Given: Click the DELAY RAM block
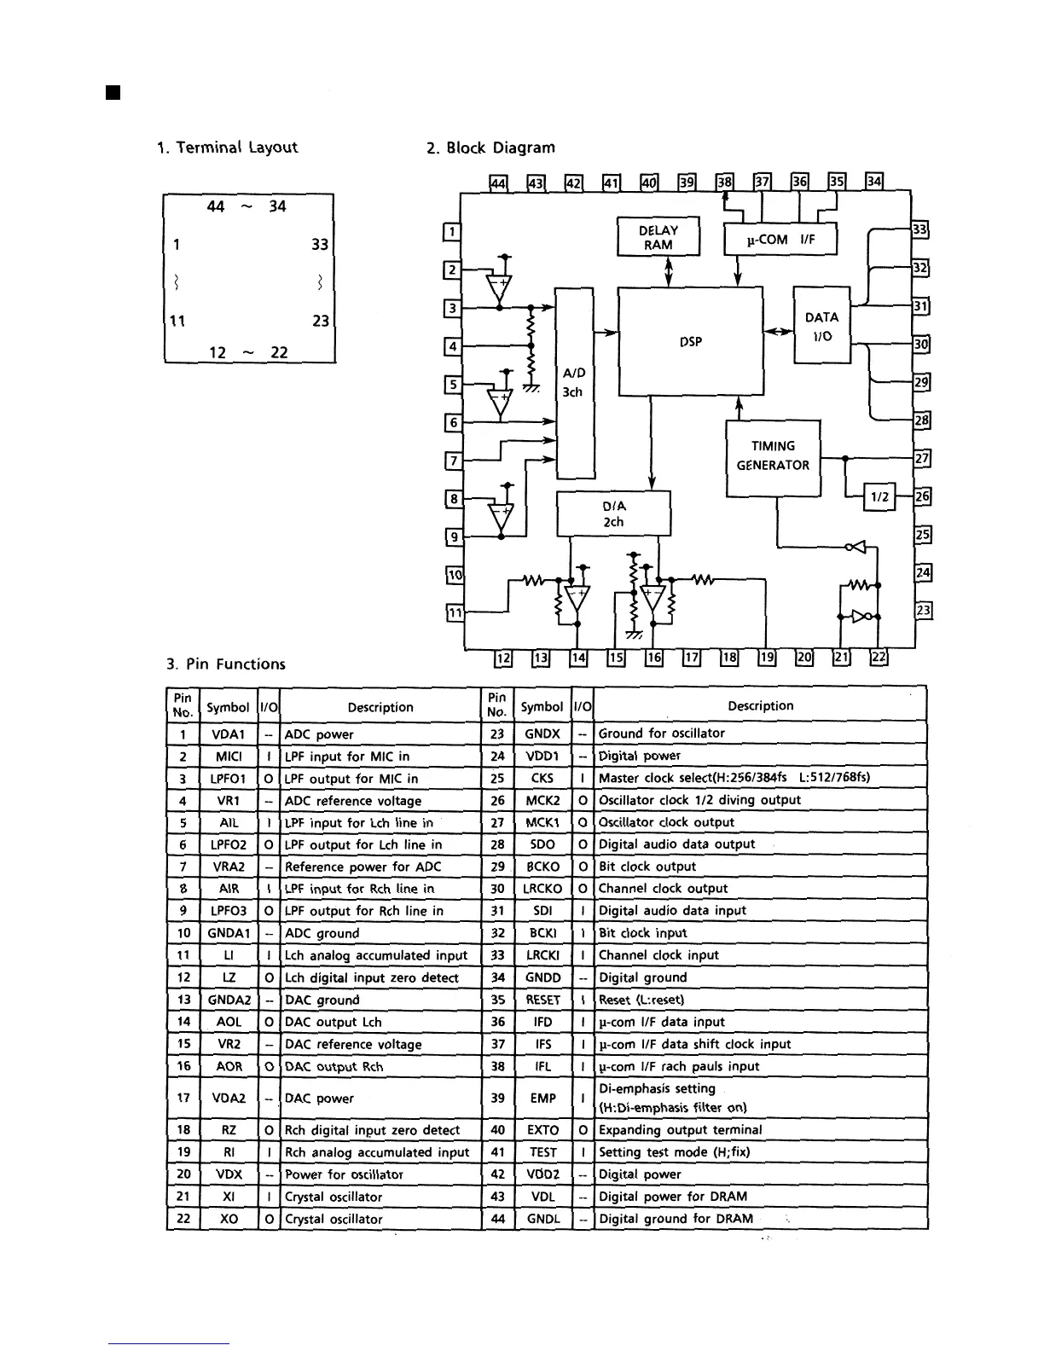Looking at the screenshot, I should tap(658, 237).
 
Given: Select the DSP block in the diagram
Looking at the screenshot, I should tap(690, 341).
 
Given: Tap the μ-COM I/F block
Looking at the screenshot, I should tap(780, 240).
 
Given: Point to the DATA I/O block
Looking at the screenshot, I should tap(821, 326).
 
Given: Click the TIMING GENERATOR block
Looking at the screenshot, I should tap(773, 456).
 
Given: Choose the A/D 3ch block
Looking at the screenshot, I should tap(574, 383).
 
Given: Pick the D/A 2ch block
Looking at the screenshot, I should tap(613, 513).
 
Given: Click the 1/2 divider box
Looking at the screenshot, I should tap(879, 496).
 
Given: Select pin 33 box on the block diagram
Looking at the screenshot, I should tap(919, 229).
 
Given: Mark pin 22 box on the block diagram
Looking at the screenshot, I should tap(879, 657).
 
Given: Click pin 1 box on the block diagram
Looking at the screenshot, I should tap(453, 231).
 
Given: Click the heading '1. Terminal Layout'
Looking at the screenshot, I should tap(227, 147).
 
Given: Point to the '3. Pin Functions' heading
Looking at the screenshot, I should tap(226, 664).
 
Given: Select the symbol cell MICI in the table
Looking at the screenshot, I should tap(229, 757).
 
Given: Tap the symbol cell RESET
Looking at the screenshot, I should tap(542, 1000).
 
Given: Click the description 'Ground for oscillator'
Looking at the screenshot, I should tap(662, 733).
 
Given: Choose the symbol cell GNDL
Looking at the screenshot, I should tap(542, 1219).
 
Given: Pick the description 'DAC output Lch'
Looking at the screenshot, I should tap(333, 1022).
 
